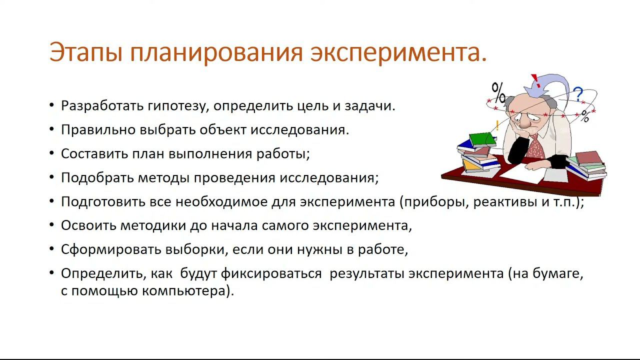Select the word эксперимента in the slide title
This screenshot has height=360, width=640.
point(398,52)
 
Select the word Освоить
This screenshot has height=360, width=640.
point(88,225)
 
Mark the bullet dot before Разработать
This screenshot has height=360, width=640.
point(52,105)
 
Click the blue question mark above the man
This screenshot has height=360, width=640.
point(578,94)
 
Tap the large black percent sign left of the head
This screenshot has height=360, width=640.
point(498,92)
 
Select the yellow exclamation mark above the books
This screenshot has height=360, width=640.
point(497,125)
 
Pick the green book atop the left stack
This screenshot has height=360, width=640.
point(482,138)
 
